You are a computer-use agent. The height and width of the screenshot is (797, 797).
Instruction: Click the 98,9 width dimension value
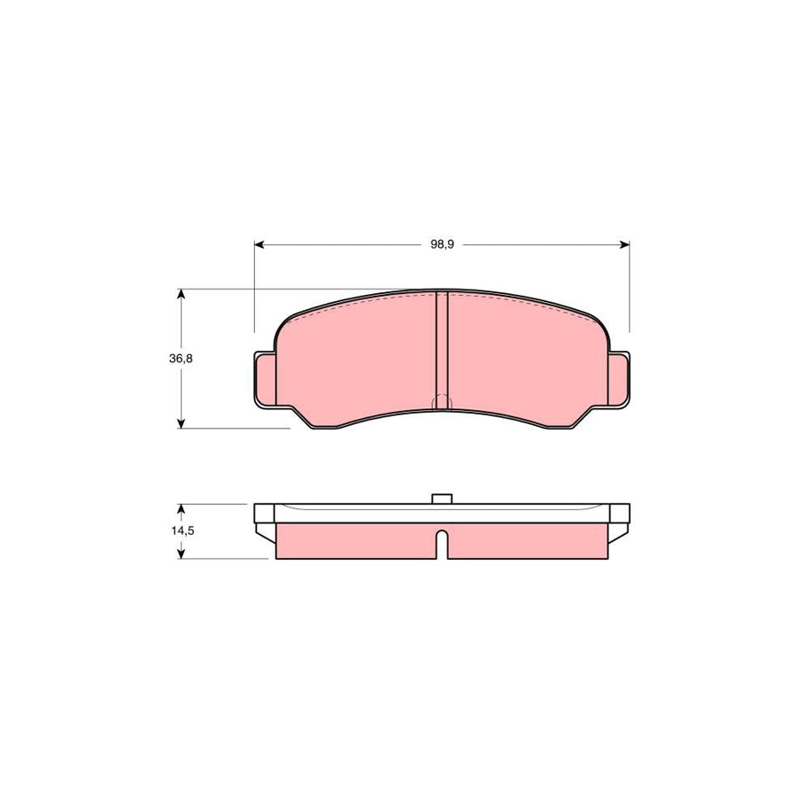coord(442,244)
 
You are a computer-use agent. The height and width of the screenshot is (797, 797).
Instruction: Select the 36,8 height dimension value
coord(181,359)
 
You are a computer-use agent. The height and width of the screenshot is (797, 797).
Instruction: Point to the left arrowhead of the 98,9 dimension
coord(259,244)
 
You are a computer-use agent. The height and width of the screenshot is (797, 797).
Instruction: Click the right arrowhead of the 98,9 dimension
coord(624,244)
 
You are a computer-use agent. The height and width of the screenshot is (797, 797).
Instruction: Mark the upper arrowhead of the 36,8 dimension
coord(181,294)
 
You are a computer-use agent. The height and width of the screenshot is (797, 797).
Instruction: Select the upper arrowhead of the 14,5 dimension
coord(181,509)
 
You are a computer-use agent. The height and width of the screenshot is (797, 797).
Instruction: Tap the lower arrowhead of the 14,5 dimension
coord(181,553)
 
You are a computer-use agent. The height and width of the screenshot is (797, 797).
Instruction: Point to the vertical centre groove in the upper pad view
coord(442,345)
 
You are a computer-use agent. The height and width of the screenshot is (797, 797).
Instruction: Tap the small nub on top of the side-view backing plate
coord(442,499)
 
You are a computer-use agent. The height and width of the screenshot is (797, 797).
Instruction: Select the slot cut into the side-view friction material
coord(442,542)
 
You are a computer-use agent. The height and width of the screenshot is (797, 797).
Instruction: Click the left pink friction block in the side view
coord(354,541)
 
